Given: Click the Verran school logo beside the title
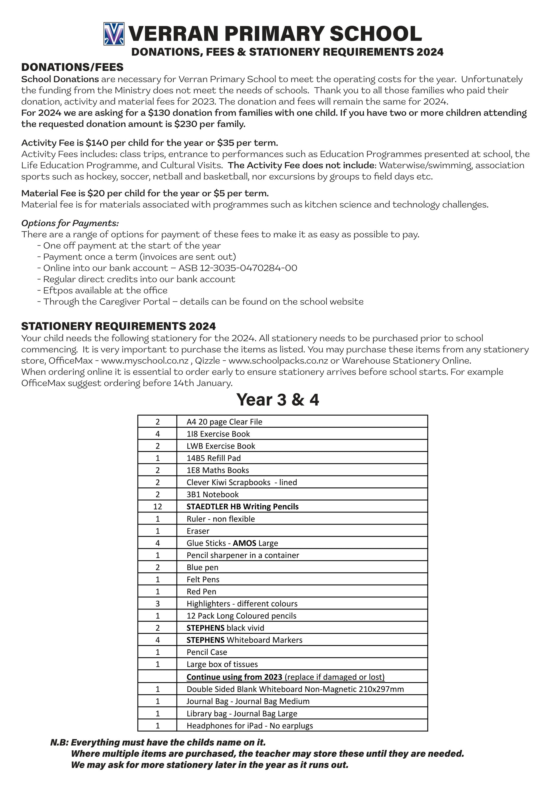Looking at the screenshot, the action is click(x=114, y=34).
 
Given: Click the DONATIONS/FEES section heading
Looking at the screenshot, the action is click(x=72, y=67).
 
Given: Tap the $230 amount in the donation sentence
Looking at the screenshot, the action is click(x=185, y=124).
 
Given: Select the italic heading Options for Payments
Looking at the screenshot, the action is click(x=70, y=223).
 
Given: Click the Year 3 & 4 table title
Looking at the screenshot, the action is click(x=277, y=400).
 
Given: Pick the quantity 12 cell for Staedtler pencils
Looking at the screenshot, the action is click(x=158, y=507).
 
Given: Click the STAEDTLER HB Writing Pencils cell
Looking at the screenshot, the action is click(x=242, y=507).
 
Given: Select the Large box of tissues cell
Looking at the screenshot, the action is click(x=222, y=664).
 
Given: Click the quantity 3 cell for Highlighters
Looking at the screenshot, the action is click(x=158, y=604).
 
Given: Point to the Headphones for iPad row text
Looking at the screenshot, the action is click(x=250, y=725).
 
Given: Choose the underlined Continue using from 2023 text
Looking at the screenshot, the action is click(x=234, y=677).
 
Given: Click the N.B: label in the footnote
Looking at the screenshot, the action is click(x=60, y=742).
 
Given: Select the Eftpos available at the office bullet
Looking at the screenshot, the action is click(x=105, y=290).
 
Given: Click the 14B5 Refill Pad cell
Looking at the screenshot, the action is click(x=213, y=458).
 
